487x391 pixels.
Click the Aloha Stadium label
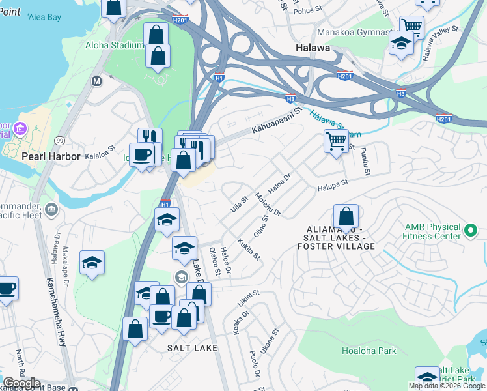click(114, 45)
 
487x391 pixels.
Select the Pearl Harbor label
click(51, 157)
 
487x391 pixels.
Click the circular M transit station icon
click(97, 81)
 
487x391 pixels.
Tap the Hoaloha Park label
click(369, 351)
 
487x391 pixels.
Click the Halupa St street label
click(333, 186)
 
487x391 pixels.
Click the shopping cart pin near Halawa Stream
click(336, 140)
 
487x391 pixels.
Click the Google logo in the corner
click(21, 383)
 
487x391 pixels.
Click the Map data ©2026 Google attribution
click(447, 386)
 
